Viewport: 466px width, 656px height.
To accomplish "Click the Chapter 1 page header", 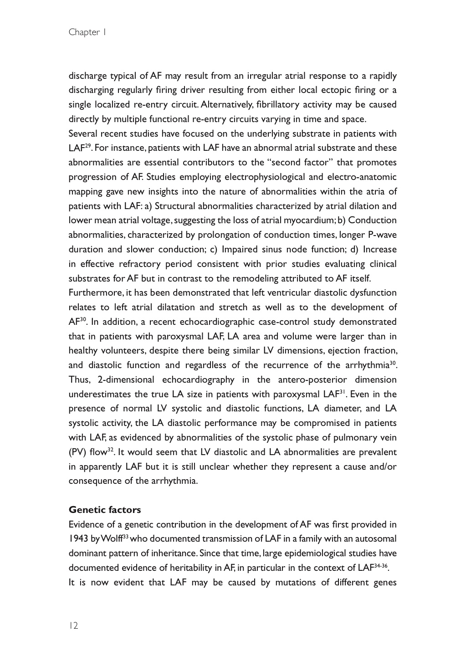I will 87,32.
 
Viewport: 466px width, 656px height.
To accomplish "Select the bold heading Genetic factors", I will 105,509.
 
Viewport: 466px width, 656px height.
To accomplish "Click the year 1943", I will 78,539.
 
